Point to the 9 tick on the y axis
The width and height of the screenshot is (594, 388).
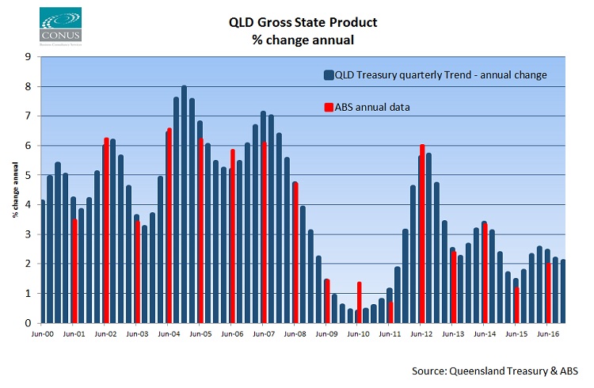(x=29, y=57)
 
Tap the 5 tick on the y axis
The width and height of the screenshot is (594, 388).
(x=29, y=175)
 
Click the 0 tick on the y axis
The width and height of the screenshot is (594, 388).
(x=29, y=323)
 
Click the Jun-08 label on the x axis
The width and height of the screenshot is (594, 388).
(x=295, y=335)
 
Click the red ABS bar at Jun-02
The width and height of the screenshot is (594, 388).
(x=106, y=230)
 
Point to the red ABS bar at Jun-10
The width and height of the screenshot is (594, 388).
(x=359, y=302)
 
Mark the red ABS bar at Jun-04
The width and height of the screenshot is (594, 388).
(x=169, y=226)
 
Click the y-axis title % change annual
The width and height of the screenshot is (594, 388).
(x=15, y=189)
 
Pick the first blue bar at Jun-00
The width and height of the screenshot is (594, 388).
(x=42, y=261)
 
